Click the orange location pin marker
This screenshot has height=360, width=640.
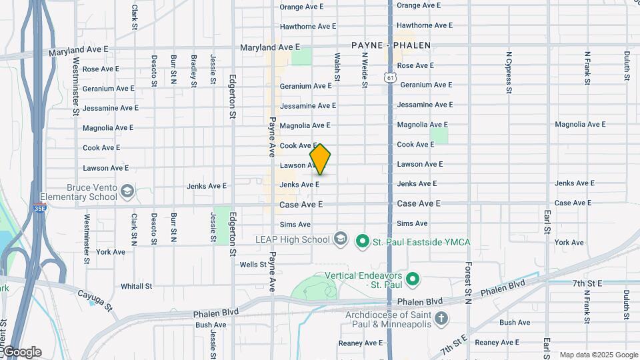(x=321, y=159)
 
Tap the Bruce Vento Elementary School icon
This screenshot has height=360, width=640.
(x=126, y=193)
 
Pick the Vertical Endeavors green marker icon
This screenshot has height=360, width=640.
(x=413, y=279)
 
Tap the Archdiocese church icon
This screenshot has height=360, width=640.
(x=440, y=319)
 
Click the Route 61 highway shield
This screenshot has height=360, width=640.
(x=390, y=78)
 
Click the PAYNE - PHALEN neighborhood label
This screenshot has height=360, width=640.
(x=391, y=46)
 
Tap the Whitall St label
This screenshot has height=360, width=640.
(x=137, y=287)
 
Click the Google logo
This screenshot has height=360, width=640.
(x=22, y=351)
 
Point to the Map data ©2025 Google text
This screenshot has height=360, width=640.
(x=598, y=355)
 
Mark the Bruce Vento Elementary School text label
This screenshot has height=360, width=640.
(x=79, y=192)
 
